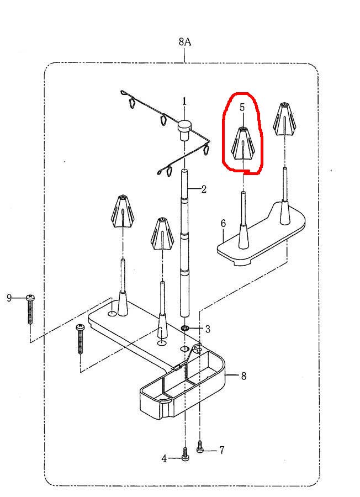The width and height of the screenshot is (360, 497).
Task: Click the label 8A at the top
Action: point(185,41)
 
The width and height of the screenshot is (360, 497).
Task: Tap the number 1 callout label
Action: point(184,102)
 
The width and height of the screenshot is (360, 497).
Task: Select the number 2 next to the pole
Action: point(204,189)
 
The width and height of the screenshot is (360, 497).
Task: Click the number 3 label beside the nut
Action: point(208,329)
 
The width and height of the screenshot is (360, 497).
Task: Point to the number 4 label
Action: point(164,458)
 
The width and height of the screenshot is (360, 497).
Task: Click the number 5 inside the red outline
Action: point(242,108)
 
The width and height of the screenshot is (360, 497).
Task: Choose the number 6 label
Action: point(223,224)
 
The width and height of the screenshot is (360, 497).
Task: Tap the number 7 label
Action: point(222,450)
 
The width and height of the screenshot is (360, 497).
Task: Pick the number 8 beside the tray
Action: point(243,376)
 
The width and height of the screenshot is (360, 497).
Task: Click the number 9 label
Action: point(9,298)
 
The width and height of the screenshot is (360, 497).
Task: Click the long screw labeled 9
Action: point(30,309)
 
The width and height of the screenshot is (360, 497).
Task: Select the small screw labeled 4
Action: point(186,454)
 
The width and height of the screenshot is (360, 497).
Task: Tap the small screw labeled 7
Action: point(200,446)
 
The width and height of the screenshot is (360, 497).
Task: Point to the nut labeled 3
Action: point(186,327)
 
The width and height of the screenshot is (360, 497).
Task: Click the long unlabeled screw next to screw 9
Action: point(80,339)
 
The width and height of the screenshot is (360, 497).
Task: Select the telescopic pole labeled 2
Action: point(185,243)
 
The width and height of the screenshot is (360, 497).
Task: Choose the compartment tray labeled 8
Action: point(182,382)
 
